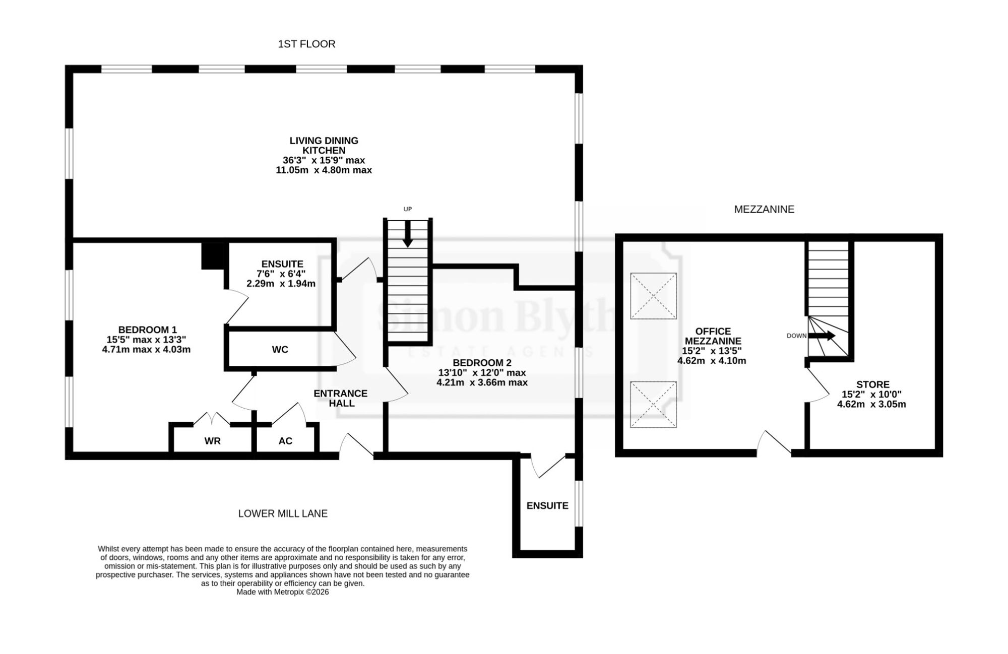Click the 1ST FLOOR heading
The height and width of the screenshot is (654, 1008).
click(x=306, y=44)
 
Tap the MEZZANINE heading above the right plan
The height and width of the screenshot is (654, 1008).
click(x=764, y=210)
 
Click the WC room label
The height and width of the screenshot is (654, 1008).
click(x=280, y=350)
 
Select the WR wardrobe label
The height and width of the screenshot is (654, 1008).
click(x=212, y=441)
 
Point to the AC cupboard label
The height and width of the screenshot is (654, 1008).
click(x=285, y=441)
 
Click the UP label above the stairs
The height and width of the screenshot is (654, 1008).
click(x=408, y=209)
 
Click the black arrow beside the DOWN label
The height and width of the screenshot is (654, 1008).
click(x=822, y=336)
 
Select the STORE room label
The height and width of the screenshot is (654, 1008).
click(x=873, y=384)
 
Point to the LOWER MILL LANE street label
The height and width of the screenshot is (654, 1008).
click(x=283, y=514)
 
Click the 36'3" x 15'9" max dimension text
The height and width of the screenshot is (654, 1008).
click(x=324, y=160)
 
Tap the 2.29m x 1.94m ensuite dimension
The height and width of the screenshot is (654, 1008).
click(x=281, y=284)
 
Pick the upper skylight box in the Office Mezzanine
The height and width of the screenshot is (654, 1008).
click(x=653, y=296)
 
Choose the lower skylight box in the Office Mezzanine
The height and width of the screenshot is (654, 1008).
click(x=653, y=405)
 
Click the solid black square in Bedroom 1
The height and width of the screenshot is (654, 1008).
click(x=214, y=256)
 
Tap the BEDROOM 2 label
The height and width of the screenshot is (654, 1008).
click(x=482, y=363)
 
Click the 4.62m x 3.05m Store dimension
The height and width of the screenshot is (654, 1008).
click(x=871, y=405)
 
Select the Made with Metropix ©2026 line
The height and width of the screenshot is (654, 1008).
click(x=283, y=593)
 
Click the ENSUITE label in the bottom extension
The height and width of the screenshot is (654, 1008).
click(x=547, y=506)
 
